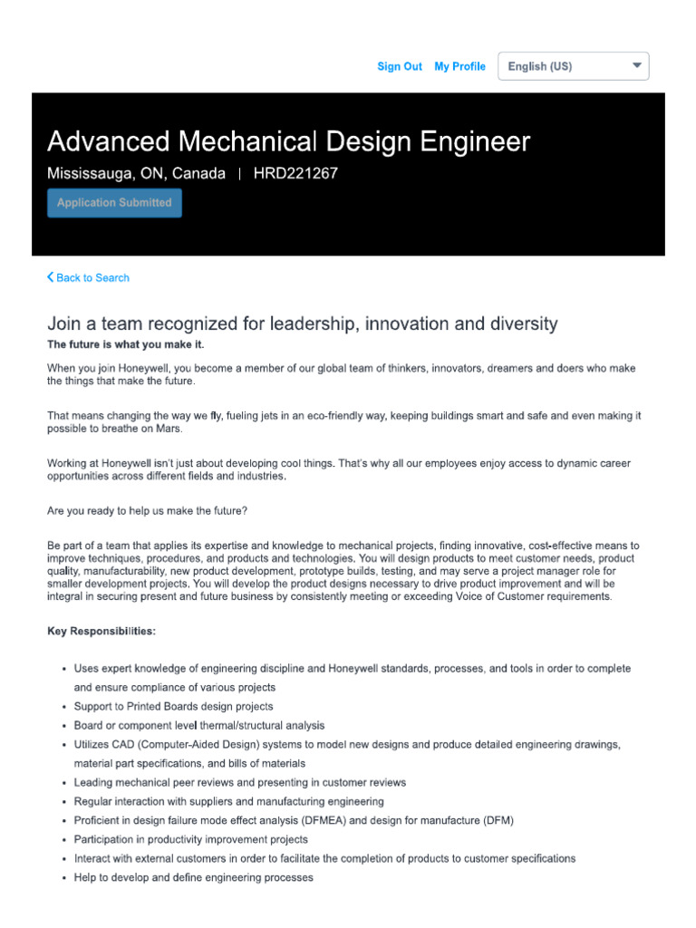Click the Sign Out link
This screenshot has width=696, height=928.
coord(399,66)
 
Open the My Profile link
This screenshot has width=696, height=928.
coord(459,66)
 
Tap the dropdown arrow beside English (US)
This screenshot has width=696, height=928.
coord(636,66)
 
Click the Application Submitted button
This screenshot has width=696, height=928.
coord(114,203)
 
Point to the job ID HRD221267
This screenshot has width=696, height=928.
coord(295,174)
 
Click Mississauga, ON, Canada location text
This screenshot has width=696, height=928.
coord(136,174)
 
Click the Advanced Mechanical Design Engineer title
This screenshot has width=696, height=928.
coord(288,141)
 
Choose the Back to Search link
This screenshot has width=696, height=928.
coord(92,278)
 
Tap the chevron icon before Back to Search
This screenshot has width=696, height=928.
coord(51,277)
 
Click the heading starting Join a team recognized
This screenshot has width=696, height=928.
coord(302,324)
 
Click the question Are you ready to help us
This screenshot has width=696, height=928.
coord(147,511)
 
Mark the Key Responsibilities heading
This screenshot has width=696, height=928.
coord(101,630)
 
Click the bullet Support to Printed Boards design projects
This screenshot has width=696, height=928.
coord(173,707)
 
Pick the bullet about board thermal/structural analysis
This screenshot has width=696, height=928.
coord(198,726)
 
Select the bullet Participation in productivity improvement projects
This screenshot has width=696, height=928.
coord(190,840)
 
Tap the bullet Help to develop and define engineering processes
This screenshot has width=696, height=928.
coord(193,878)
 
